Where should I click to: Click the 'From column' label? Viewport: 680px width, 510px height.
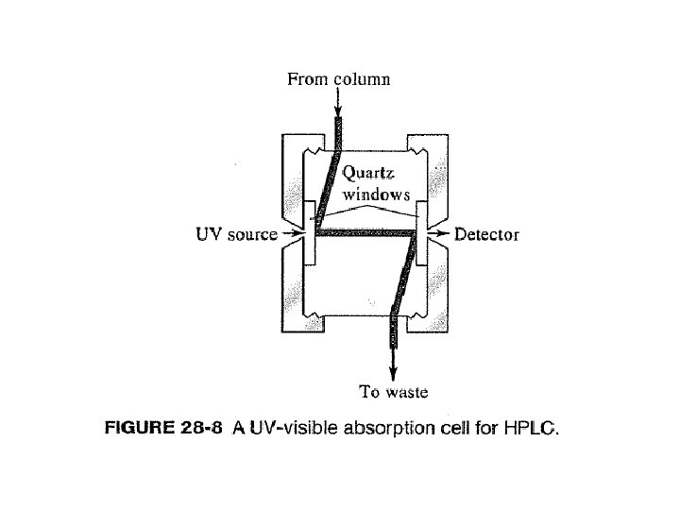click(338, 79)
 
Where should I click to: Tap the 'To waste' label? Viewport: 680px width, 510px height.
click(394, 391)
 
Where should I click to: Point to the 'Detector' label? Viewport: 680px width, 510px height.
click(486, 233)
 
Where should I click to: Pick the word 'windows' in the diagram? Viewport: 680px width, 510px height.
click(377, 195)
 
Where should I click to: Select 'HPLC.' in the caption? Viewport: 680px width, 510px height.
click(531, 431)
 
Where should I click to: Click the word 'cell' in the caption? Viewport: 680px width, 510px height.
click(461, 431)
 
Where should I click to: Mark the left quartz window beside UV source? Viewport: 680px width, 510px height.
click(309, 227)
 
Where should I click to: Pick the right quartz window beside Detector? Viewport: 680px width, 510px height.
click(422, 227)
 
